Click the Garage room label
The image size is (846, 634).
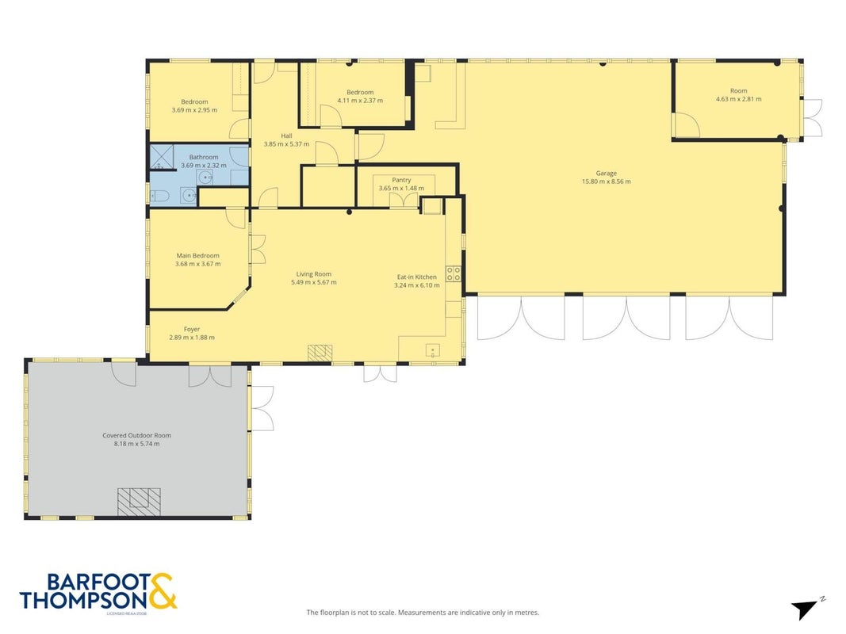coord(606,173)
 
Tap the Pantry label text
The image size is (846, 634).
coord(401,180)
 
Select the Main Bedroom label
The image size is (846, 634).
coord(198,255)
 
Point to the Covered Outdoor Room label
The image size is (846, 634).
coord(136,435)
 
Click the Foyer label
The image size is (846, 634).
coord(192,329)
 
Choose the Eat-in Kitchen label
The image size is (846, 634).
coord(416,277)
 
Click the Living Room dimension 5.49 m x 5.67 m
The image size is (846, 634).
coord(313,282)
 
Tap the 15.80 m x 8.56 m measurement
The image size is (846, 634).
coord(606,181)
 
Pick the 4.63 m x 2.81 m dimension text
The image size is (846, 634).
coord(739,98)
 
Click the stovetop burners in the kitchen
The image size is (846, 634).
coord(454,274)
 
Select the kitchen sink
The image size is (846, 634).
coord(433,351)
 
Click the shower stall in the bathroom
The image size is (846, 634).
coord(162,157)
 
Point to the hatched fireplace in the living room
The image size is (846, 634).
coord(320,353)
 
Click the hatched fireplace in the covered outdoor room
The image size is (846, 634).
coord(140,502)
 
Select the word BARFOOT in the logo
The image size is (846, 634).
coord(99,582)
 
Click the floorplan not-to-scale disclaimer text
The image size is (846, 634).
coord(423,613)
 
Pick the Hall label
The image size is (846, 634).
coord(286,136)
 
